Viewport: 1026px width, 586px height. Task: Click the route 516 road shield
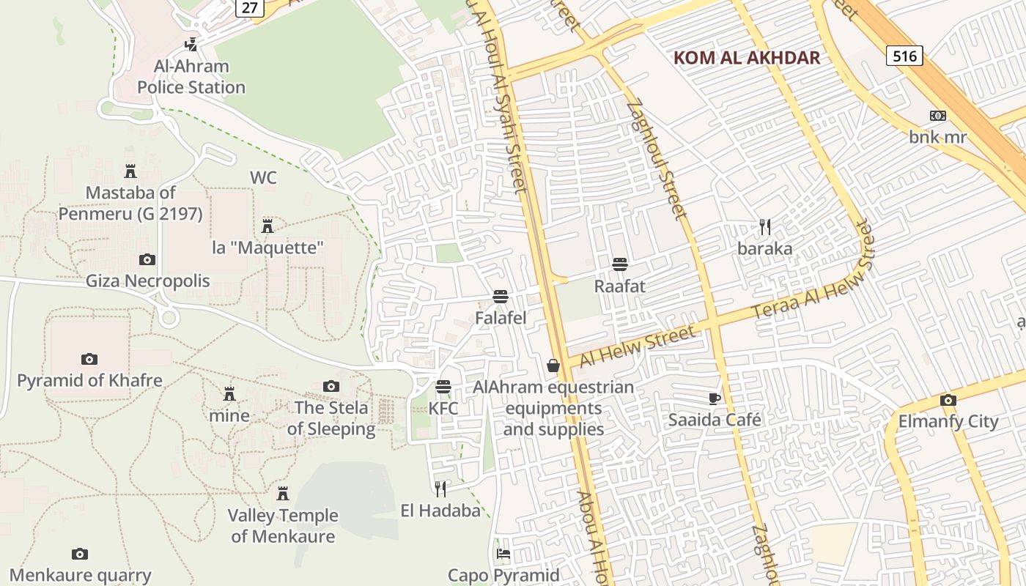[904, 55]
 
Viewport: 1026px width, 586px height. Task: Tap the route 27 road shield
[248, 7]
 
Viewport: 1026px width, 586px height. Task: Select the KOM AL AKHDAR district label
[746, 58]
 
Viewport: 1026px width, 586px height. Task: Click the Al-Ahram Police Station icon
[191, 44]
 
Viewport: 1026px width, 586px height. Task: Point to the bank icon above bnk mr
[937, 116]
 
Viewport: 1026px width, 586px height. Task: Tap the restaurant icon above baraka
[765, 226]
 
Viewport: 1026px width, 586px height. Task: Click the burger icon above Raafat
[620, 264]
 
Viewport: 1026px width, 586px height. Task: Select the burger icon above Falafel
[501, 297]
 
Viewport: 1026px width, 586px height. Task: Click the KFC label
[443, 408]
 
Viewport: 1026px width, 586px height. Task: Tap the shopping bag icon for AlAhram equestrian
[553, 365]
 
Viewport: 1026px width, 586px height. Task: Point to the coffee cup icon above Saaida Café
[715, 398]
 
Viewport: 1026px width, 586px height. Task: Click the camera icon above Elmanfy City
[948, 400]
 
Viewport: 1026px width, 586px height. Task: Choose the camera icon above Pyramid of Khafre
[89, 359]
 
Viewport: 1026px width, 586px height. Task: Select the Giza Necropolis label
[148, 281]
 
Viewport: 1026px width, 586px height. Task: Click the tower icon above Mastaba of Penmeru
[130, 171]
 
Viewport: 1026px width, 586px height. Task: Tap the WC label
[263, 178]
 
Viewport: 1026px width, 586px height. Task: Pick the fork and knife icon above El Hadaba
[440, 489]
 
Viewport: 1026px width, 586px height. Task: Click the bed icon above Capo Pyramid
[503, 553]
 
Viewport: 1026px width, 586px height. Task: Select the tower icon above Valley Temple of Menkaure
[283, 493]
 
